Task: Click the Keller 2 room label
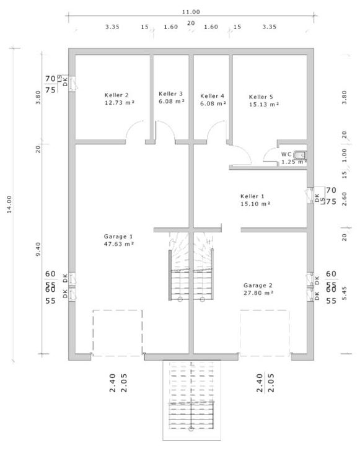tap(116, 95)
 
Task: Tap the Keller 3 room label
tap(170, 94)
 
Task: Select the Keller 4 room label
tap(213, 96)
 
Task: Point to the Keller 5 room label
tap(261, 97)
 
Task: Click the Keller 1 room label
tap(252, 196)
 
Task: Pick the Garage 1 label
tap(118, 237)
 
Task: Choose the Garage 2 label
tap(258, 285)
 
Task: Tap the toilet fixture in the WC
tap(300, 154)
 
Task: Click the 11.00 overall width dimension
tap(191, 12)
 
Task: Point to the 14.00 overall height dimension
tap(9, 204)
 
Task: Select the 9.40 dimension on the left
tap(38, 249)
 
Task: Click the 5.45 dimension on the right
tap(345, 293)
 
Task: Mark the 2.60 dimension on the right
tap(345, 199)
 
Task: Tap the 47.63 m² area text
tap(119, 244)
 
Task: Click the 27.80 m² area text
tap(258, 293)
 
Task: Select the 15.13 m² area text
tap(264, 105)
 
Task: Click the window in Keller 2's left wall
tap(72, 84)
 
